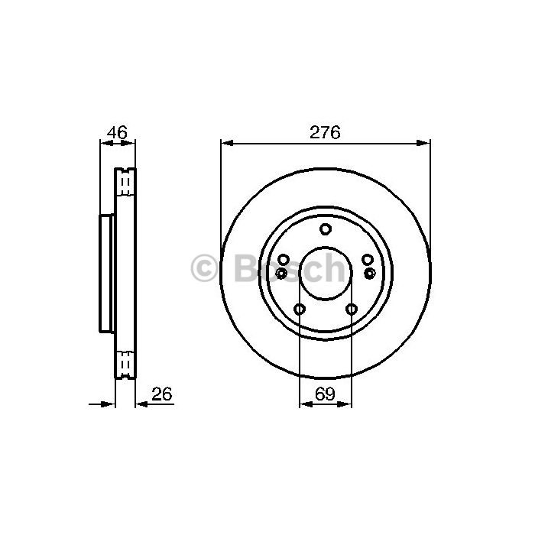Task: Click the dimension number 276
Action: (325, 132)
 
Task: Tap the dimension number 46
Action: (117, 132)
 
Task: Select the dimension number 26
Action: (162, 394)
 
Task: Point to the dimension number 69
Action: (325, 394)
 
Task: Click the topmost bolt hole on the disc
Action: (326, 229)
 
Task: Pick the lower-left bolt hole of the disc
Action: (300, 309)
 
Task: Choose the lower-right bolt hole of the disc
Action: (352, 309)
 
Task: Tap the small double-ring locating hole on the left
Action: (281, 273)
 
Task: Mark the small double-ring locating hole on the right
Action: (369, 273)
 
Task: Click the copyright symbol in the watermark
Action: (204, 267)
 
